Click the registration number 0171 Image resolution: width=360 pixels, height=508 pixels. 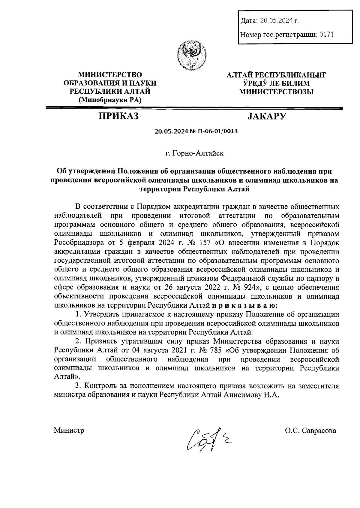point(326,35)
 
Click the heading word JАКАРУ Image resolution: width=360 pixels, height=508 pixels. point(267,116)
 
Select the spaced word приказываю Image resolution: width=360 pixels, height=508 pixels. point(244,306)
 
